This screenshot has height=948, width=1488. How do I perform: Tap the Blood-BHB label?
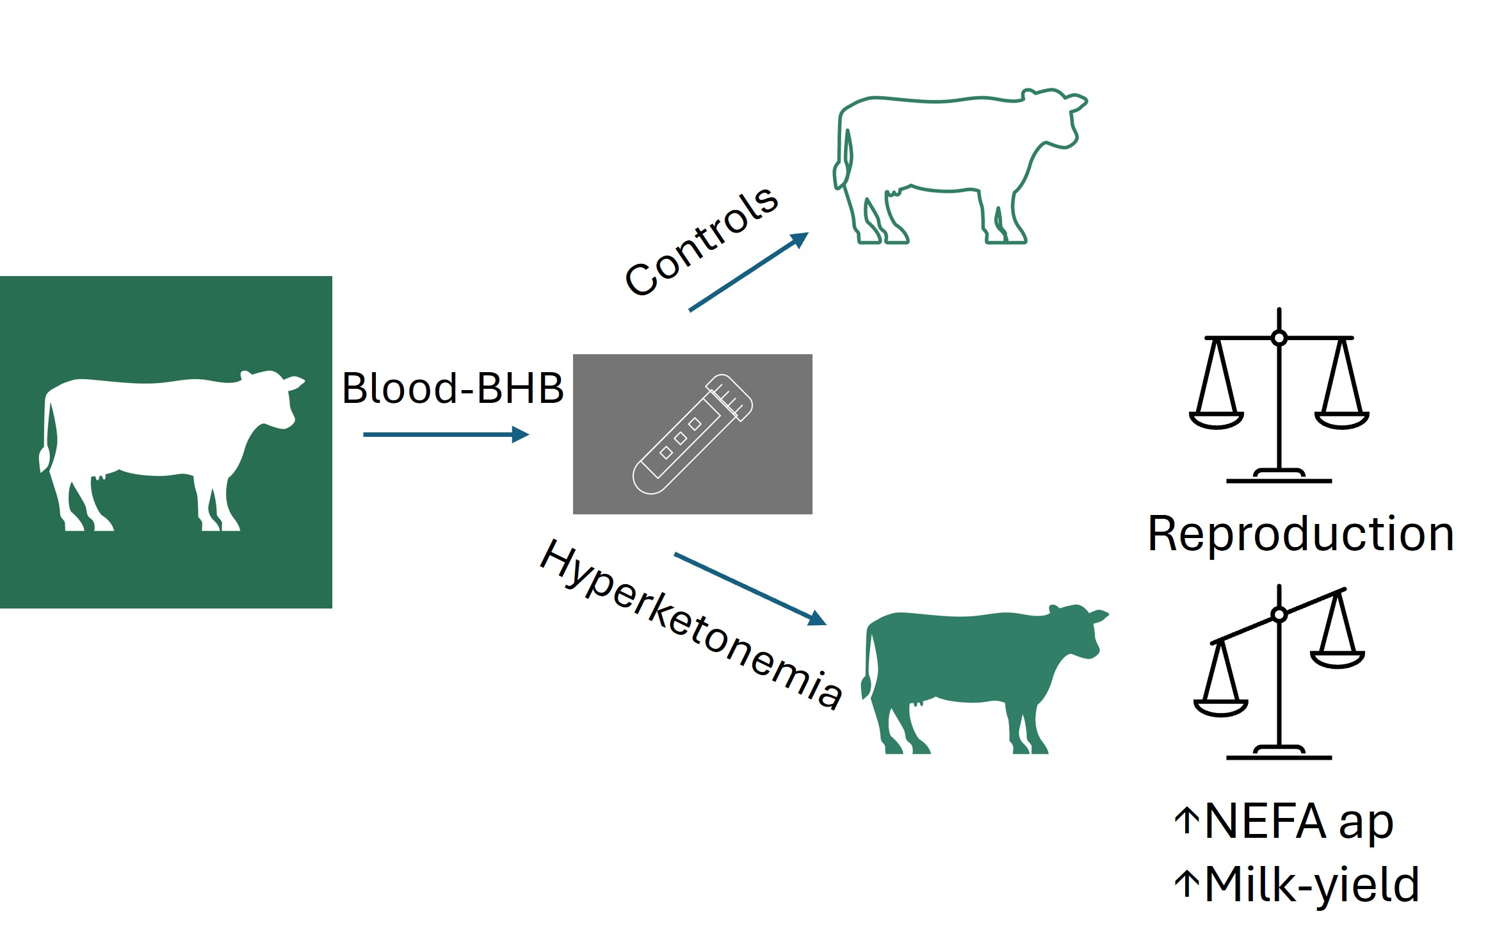pyautogui.click(x=453, y=388)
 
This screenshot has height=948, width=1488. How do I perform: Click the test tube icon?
pyautogui.click(x=692, y=434)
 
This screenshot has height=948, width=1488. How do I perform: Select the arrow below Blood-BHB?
pyautogui.click(x=446, y=435)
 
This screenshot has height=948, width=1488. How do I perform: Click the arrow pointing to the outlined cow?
pyautogui.click(x=748, y=272)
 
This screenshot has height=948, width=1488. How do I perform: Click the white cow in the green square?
pyautogui.click(x=166, y=448)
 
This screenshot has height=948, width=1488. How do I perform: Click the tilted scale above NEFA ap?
pyautogui.click(x=1279, y=673)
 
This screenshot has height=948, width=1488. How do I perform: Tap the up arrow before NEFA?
pyautogui.click(x=1187, y=821)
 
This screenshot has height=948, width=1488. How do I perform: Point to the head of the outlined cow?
pyautogui.click(x=1056, y=118)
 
